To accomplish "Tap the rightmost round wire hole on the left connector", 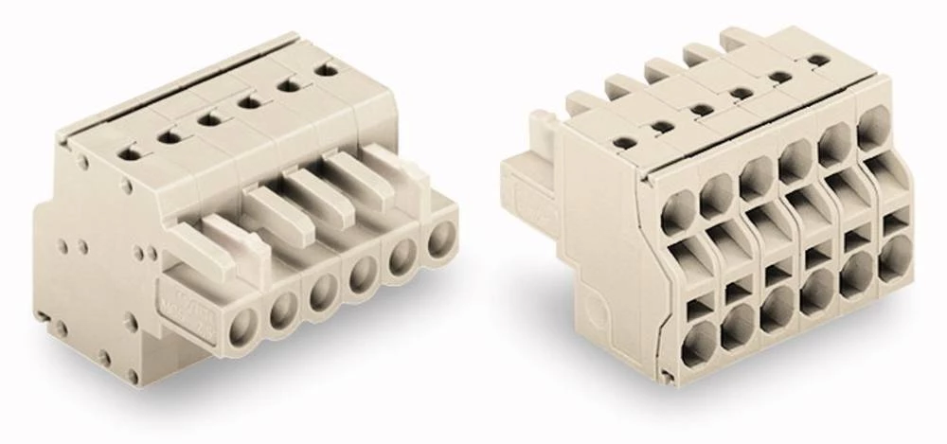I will pyautogui.click(x=438, y=240).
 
